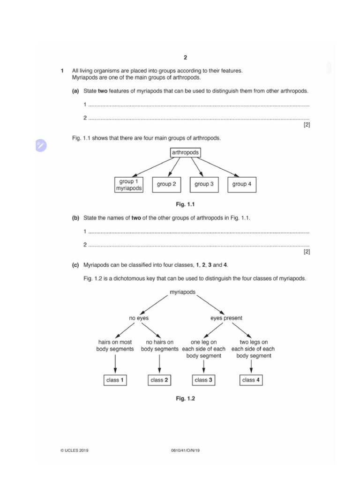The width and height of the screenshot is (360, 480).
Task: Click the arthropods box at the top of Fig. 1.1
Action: click(x=185, y=153)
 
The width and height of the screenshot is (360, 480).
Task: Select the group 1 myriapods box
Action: click(x=128, y=185)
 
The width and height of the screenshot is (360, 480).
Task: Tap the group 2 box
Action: click(x=166, y=184)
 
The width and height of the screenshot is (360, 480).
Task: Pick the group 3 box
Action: click(x=204, y=184)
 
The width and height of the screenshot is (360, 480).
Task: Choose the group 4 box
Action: click(x=242, y=184)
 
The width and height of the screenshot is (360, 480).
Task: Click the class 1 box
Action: click(x=115, y=380)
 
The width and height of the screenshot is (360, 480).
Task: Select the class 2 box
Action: click(x=159, y=380)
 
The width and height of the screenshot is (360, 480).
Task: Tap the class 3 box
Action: click(x=203, y=380)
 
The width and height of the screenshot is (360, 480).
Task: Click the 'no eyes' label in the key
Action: click(x=139, y=318)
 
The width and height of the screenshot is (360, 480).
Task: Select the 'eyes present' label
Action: click(x=226, y=318)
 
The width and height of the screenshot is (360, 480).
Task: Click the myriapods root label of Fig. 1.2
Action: click(x=182, y=292)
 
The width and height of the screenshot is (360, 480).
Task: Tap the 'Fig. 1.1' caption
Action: click(x=185, y=204)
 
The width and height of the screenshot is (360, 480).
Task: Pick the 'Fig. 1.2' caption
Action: click(x=185, y=398)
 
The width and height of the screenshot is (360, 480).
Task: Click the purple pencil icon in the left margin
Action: click(x=41, y=146)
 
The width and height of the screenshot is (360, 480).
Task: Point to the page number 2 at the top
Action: click(x=185, y=58)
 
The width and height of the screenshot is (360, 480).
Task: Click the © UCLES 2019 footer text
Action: click(x=74, y=450)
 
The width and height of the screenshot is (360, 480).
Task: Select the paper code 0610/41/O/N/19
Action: click(x=186, y=450)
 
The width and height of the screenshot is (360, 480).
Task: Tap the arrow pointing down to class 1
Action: click(x=115, y=365)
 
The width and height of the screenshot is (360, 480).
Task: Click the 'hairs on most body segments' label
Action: click(x=115, y=345)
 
